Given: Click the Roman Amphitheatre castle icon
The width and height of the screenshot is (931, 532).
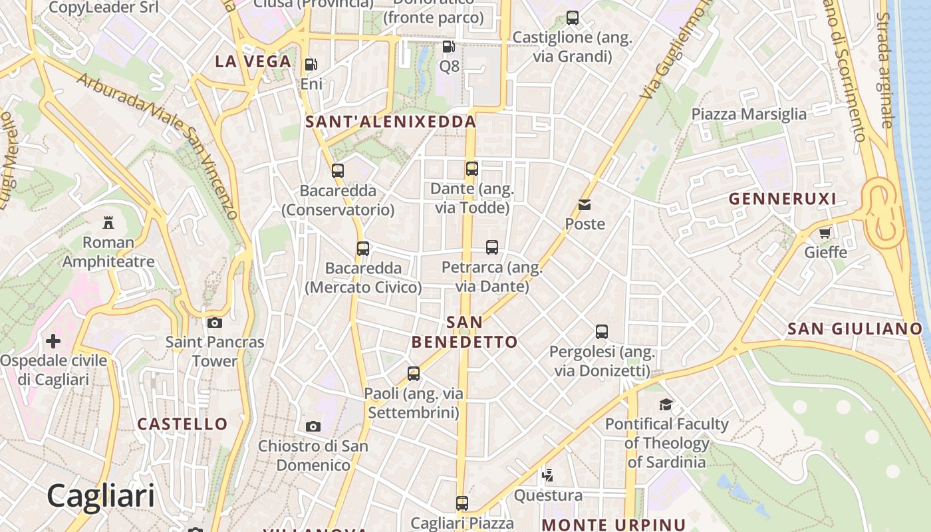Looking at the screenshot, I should [108, 222].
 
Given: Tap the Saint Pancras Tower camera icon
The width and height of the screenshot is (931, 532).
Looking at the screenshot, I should [214, 323].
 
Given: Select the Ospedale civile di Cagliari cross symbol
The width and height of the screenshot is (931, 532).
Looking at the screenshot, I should [53, 342].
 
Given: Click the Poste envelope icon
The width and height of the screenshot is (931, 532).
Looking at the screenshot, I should [585, 205].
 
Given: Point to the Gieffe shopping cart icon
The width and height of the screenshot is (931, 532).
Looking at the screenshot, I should [825, 233].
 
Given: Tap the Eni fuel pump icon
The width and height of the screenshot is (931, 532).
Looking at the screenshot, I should [311, 65].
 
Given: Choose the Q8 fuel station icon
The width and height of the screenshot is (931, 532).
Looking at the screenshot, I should [449, 47].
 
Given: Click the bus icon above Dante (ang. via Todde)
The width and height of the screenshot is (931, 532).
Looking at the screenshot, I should [471, 169].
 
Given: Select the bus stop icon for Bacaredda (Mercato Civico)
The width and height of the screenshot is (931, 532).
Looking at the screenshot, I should [363, 249].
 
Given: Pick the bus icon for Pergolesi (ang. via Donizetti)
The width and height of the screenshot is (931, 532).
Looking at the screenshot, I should [602, 331].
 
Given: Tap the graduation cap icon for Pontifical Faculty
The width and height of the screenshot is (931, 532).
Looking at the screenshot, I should [666, 404].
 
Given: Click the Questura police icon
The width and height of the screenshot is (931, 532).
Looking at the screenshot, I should [548, 475].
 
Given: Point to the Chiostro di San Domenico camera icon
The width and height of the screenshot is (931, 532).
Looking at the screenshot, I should [313, 426].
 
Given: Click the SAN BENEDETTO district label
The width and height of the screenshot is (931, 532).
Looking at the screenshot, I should [464, 332].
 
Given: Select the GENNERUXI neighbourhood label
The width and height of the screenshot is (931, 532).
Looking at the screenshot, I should [782, 199].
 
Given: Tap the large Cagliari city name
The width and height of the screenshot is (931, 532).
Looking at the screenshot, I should [100, 496].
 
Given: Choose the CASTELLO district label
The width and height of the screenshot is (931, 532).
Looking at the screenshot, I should [182, 424].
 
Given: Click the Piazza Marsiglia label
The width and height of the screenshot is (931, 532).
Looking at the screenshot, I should [749, 114].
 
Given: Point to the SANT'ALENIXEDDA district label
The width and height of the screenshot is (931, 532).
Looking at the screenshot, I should [390, 122].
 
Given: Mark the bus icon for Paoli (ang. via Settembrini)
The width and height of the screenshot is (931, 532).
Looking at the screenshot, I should [414, 374].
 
